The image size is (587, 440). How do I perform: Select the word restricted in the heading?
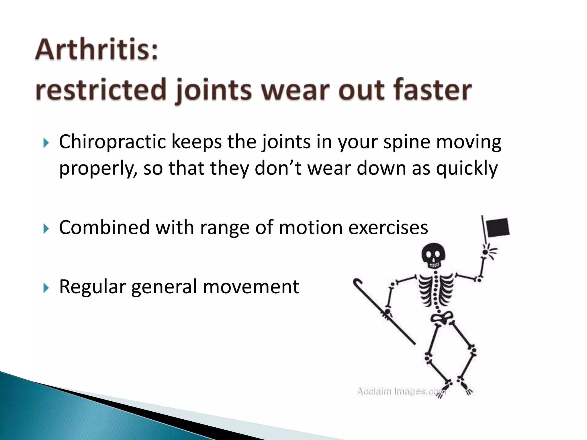tap(101, 89)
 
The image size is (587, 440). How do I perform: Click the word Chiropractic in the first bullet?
tap(112, 142)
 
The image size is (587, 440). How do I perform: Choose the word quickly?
tap(467, 168)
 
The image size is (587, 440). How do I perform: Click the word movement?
tap(251, 286)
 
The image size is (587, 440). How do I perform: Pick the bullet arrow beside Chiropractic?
tap(46, 142)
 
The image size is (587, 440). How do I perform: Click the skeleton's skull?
tap(434, 255)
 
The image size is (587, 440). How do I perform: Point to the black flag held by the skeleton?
tap(498, 227)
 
